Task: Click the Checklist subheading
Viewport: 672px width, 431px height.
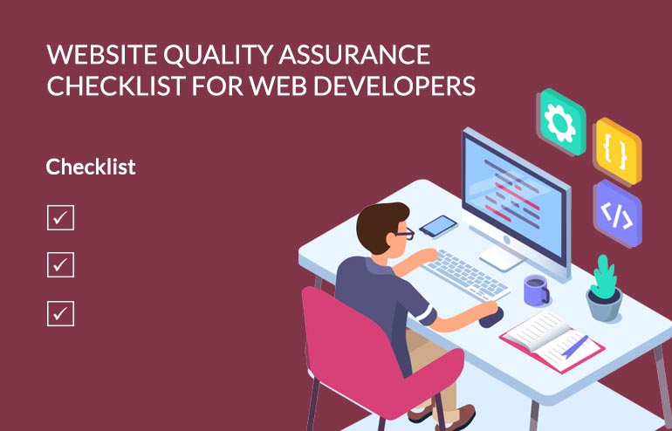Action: click(x=91, y=166)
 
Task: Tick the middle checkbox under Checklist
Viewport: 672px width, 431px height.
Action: click(x=60, y=264)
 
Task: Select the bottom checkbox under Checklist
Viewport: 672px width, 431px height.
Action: click(x=60, y=312)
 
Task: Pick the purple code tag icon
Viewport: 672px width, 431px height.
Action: click(x=617, y=214)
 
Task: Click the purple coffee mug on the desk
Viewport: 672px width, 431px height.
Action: click(x=535, y=290)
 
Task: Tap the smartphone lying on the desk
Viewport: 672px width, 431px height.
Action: click(x=438, y=225)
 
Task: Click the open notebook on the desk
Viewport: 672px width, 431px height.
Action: click(x=546, y=335)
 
